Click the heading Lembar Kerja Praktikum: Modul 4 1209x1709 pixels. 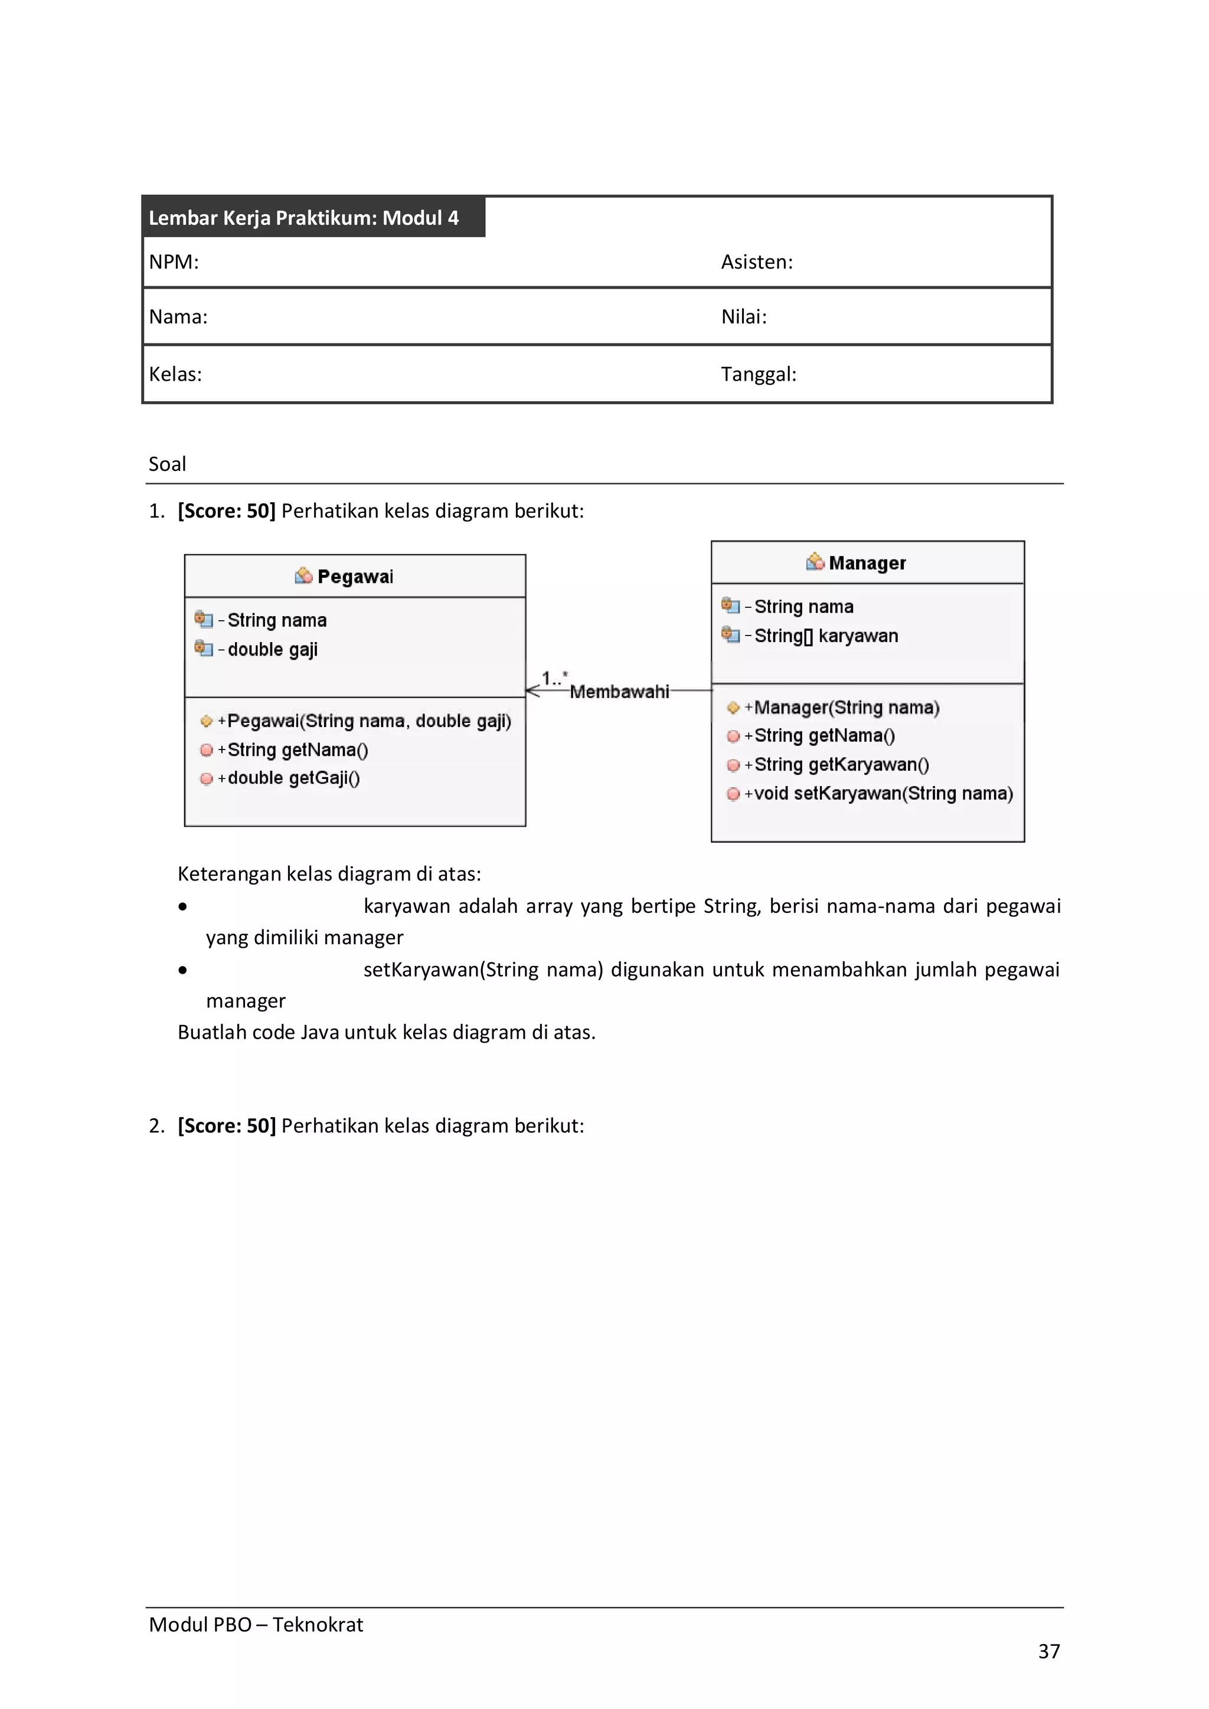click(x=304, y=218)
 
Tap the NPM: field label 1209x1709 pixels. click(x=174, y=262)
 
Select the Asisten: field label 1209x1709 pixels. click(x=756, y=262)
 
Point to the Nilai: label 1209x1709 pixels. click(x=743, y=317)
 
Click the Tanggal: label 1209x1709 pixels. click(x=758, y=374)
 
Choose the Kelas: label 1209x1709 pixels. click(x=176, y=374)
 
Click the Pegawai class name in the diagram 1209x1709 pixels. click(x=355, y=577)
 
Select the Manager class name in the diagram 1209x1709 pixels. click(x=867, y=564)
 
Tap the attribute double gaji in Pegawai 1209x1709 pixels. click(x=273, y=650)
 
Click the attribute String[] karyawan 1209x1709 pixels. click(x=826, y=636)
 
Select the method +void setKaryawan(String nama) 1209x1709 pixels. click(x=883, y=794)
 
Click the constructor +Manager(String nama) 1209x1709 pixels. click(x=846, y=708)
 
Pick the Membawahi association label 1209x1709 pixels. click(x=619, y=692)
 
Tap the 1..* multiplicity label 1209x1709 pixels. click(x=554, y=678)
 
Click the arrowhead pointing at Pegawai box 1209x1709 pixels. click(x=531, y=691)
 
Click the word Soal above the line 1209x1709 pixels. click(x=168, y=464)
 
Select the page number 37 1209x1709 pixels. click(x=1048, y=1651)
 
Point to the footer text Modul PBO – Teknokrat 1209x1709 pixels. click(x=256, y=1624)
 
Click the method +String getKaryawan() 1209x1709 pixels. click(x=841, y=765)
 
